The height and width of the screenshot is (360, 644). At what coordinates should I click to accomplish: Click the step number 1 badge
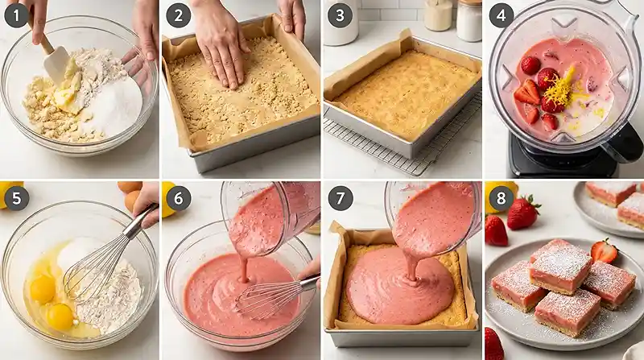pyautogui.click(x=16, y=15)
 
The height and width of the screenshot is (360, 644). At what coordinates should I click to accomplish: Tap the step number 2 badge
pyautogui.click(x=178, y=15)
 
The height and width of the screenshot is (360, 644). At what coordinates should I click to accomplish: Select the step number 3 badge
pyautogui.click(x=339, y=15)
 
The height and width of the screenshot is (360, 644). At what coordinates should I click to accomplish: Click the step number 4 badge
pyautogui.click(x=502, y=15)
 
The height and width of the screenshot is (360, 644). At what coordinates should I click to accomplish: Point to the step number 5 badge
pyautogui.click(x=16, y=197)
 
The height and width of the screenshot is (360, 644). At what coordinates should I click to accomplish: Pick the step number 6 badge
pyautogui.click(x=178, y=197)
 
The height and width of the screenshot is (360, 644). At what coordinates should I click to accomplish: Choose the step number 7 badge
pyautogui.click(x=339, y=197)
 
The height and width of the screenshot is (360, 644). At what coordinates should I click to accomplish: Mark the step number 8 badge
pyautogui.click(x=502, y=197)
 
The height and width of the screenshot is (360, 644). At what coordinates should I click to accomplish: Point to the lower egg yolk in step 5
pyautogui.click(x=59, y=316)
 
